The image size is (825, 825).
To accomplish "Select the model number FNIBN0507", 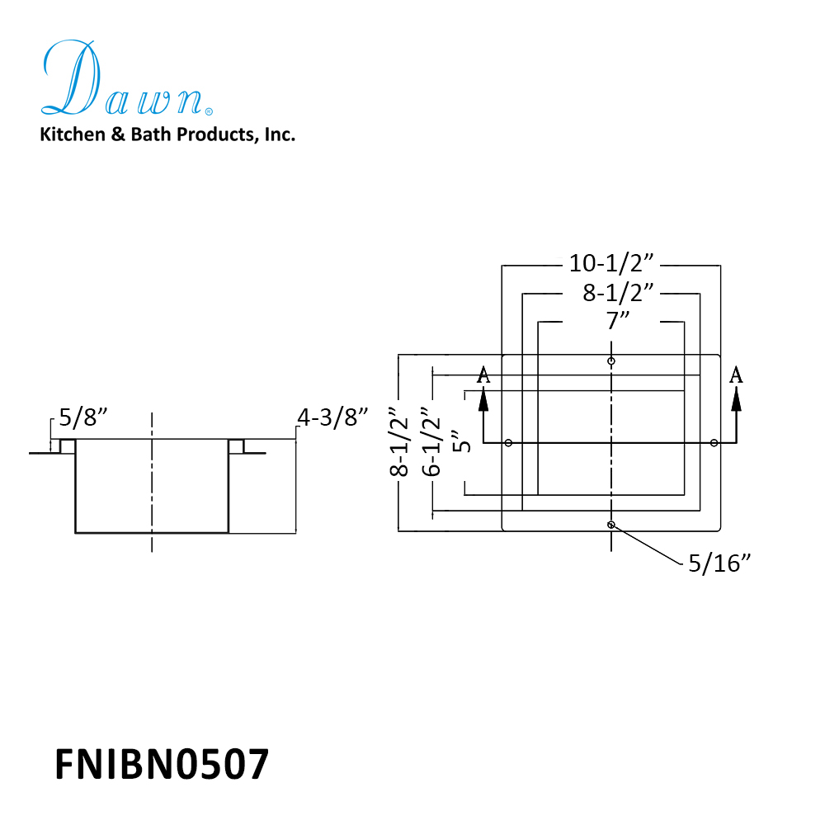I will click(x=162, y=764).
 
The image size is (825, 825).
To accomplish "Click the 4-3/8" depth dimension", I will click(x=332, y=418).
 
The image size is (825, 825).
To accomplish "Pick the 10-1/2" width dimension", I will click(x=611, y=264).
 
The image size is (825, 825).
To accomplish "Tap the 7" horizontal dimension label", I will click(x=611, y=320).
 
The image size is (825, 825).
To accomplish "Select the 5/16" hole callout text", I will click(x=719, y=563).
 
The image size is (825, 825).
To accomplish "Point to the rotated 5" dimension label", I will click(x=463, y=441).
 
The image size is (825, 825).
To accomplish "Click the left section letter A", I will click(x=484, y=375).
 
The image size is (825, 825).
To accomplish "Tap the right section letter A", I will click(x=737, y=375).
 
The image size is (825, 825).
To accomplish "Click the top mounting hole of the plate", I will click(x=610, y=361).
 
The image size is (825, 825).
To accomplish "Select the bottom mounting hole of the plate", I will click(x=610, y=525).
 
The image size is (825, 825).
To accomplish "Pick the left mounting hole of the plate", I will click(x=508, y=443).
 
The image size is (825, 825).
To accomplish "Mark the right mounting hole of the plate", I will click(x=714, y=443).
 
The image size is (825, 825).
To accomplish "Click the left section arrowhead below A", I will click(x=484, y=398).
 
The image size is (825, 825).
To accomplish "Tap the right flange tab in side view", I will click(x=236, y=446).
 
